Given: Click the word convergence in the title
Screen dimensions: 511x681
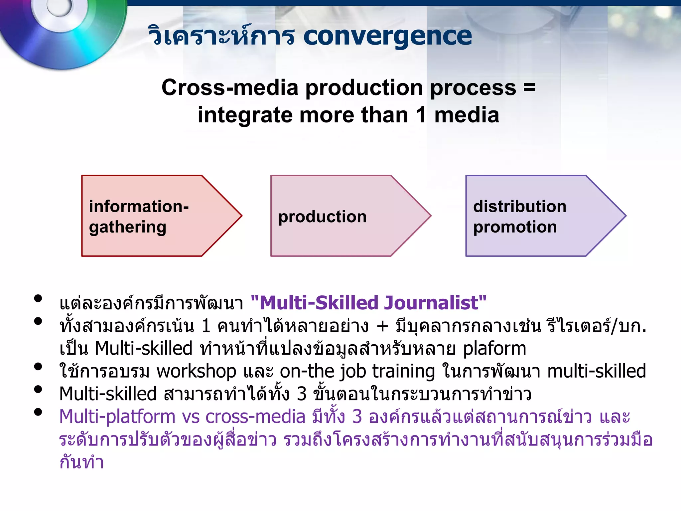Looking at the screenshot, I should click(387, 36).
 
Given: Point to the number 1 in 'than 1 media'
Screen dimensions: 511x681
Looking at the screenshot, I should click(421, 115).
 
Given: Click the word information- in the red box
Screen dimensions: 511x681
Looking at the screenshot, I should click(139, 206).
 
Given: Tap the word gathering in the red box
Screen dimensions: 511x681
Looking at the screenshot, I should click(128, 227).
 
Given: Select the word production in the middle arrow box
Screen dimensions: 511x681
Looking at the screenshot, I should click(322, 217).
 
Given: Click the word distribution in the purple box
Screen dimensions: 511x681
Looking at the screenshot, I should click(520, 206).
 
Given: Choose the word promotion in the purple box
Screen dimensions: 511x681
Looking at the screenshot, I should click(515, 227).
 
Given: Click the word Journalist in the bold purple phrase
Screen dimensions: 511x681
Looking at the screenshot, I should click(431, 303).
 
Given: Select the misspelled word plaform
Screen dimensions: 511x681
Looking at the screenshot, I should click(494, 349).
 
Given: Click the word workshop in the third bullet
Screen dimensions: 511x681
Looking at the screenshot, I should click(196, 371).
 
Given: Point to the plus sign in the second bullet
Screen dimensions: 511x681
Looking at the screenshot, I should click(382, 326).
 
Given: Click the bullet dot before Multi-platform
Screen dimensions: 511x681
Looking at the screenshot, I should click(38, 412).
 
